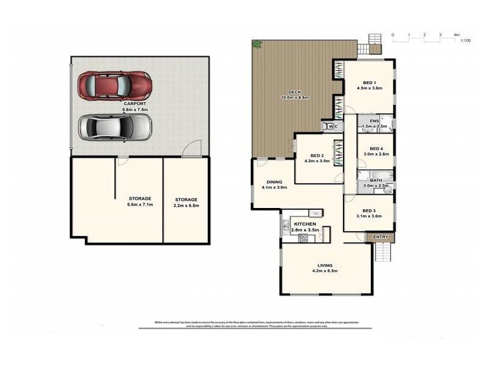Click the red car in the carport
pyautogui.click(x=114, y=86)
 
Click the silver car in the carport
pyautogui.click(x=114, y=126)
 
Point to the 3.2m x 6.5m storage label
pyautogui.click(x=186, y=206)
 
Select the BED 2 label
pyautogui.click(x=315, y=156)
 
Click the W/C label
pyautogui.click(x=332, y=126)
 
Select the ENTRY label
pyautogui.click(x=380, y=237)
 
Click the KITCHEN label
pyautogui.click(x=304, y=224)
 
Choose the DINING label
pyautogui.click(x=273, y=182)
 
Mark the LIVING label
pyautogui.click(x=325, y=265)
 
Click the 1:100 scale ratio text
pyautogui.click(x=465, y=41)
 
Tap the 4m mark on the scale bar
pyautogui.click(x=456, y=35)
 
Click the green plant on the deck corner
pyautogui.click(x=257, y=44)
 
